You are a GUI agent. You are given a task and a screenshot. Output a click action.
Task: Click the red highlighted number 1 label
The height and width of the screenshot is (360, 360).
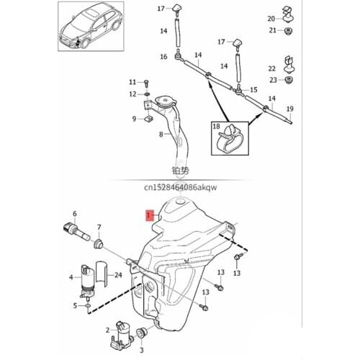coord(149,215)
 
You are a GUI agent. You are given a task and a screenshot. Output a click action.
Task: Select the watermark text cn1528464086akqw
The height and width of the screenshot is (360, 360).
coord(180,188)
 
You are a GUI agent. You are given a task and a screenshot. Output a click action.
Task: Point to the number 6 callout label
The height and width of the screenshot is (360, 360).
coord(75,214)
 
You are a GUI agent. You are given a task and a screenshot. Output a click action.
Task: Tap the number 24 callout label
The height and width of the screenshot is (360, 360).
coord(118,275)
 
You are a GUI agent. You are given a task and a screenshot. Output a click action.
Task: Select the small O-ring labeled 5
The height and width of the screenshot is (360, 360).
coord(88,306)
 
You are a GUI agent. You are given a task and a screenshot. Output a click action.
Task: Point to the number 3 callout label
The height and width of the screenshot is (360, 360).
coord(142,351)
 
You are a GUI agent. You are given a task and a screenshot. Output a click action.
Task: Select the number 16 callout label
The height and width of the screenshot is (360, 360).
coord(164,57)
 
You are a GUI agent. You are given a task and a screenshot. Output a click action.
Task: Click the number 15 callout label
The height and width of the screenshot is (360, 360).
coord(253,89)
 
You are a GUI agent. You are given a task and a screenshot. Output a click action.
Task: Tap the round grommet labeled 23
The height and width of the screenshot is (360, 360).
coord(292,81)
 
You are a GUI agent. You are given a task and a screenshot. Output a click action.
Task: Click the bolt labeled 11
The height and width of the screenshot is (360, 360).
coord(147,82)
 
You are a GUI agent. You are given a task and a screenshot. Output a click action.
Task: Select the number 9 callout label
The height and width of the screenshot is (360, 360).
coord(134,119)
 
